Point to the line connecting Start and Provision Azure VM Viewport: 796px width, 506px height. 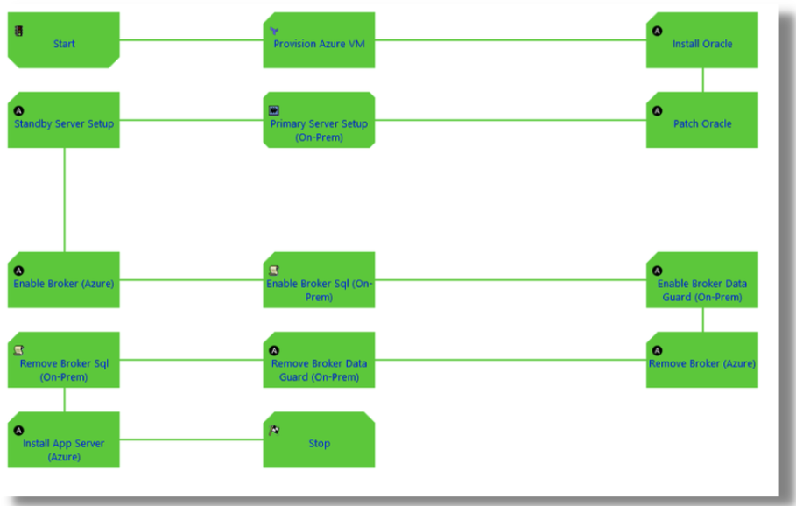[191, 40]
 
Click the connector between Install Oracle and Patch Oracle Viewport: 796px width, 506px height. [702, 80]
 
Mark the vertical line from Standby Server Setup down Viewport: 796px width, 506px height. [64, 200]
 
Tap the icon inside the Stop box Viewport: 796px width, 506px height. [274, 430]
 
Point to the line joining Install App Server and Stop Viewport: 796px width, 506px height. [191, 439]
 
